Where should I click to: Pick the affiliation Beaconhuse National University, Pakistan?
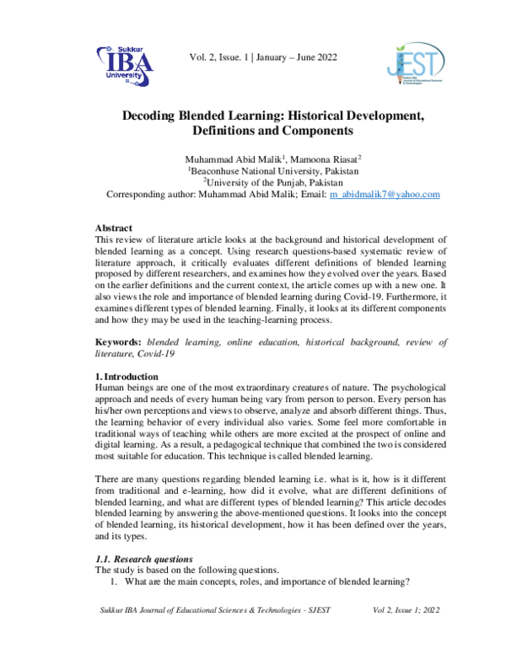click(x=262, y=170)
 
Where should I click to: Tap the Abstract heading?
click(x=113, y=228)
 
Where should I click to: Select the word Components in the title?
click(x=310, y=131)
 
